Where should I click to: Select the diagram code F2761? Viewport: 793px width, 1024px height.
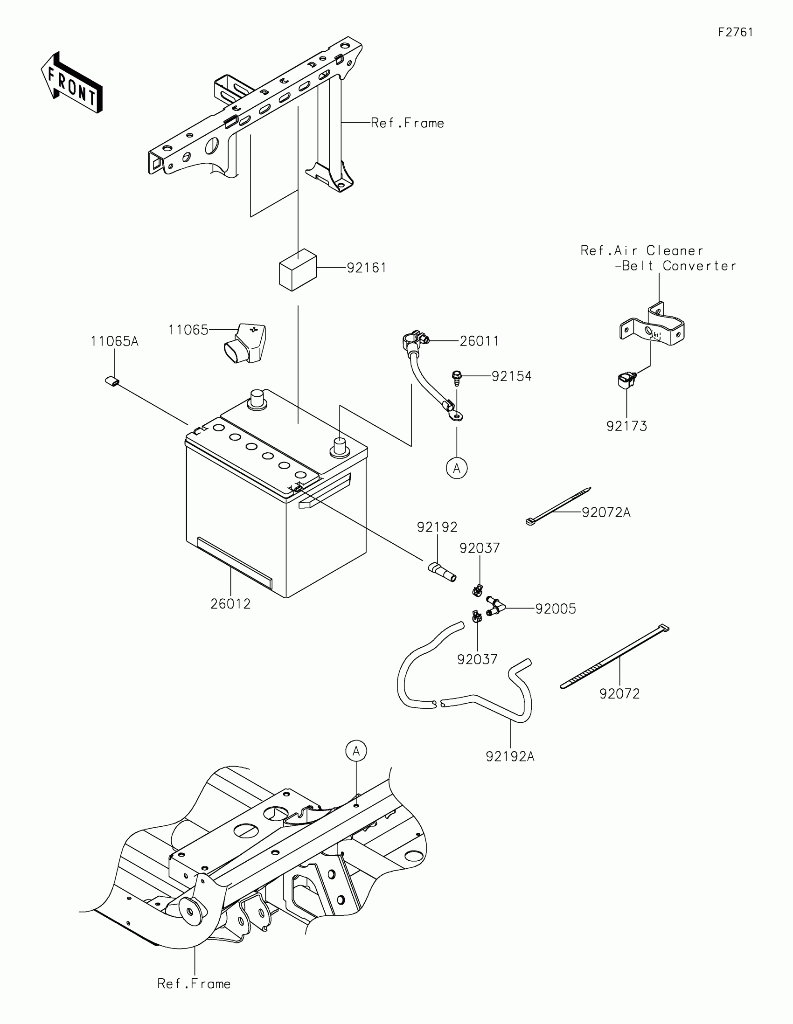[735, 32]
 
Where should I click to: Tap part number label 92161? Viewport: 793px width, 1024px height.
[366, 268]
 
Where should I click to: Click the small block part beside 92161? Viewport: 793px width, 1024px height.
[298, 270]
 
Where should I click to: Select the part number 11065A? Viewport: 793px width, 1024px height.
[114, 341]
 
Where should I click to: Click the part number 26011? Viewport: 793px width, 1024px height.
[479, 341]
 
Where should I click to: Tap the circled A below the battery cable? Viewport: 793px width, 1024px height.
[457, 468]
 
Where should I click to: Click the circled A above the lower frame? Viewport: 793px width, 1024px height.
[356, 751]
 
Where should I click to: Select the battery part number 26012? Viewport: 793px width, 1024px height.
[230, 603]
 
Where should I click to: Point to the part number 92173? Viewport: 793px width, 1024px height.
[626, 426]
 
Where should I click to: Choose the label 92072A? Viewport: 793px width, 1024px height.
[606, 512]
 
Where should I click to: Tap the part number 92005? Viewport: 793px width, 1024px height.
[556, 609]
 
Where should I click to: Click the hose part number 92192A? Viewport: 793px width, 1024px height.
[510, 757]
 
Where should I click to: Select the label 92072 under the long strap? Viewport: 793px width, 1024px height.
[619, 694]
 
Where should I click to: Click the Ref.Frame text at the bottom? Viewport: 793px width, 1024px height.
[194, 984]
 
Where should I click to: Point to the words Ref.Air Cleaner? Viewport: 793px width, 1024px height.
[641, 250]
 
